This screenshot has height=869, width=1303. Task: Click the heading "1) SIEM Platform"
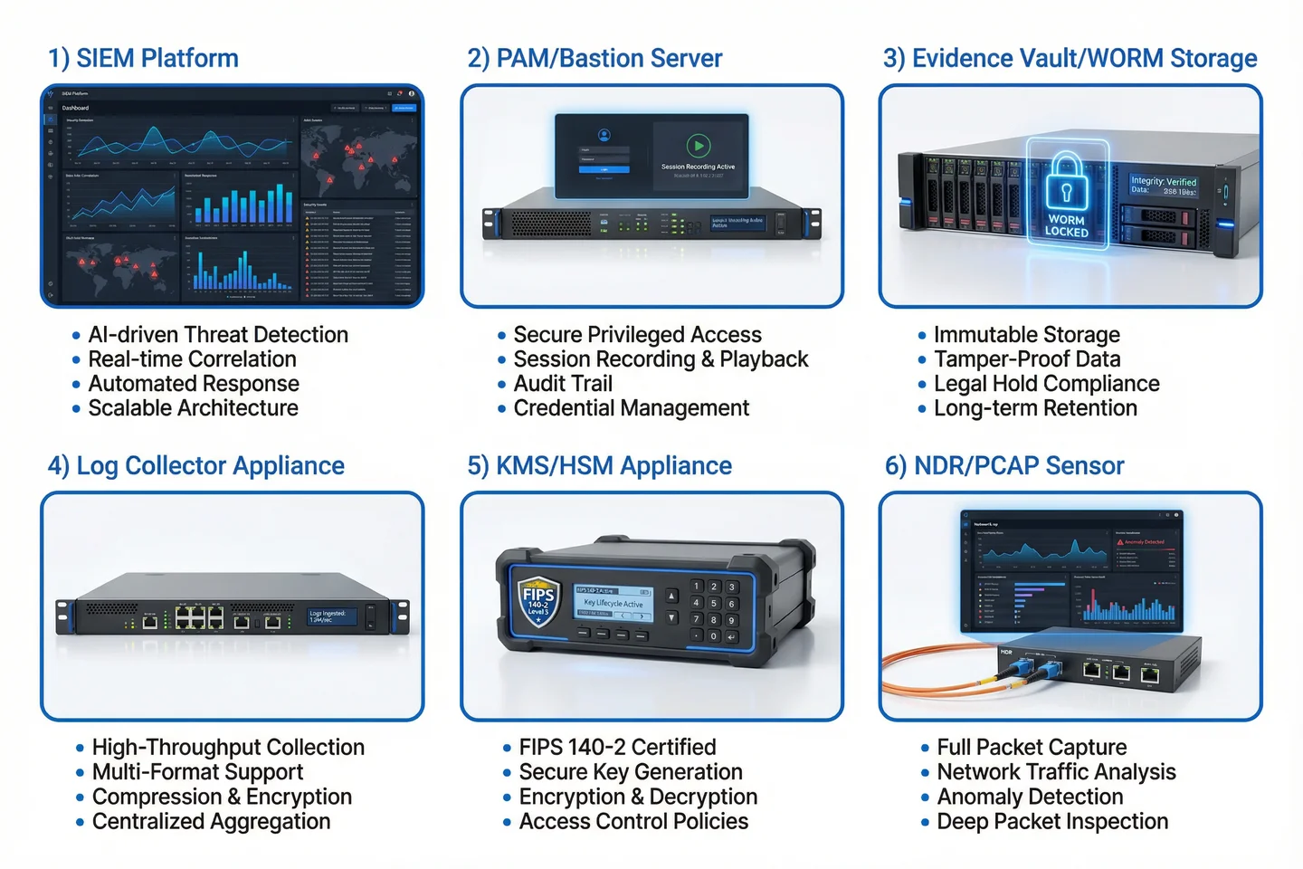point(143,59)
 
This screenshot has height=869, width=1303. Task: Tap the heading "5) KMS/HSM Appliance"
point(599,466)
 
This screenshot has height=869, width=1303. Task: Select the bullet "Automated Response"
point(194,384)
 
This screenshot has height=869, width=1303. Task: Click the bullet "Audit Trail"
point(563,384)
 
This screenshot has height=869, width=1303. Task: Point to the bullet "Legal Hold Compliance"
point(1046,384)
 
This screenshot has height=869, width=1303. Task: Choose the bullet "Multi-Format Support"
point(197,772)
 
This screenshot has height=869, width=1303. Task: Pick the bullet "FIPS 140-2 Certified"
point(617,748)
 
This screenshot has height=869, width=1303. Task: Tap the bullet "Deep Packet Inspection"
point(1052,822)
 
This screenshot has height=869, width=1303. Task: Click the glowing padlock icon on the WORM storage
point(1066,182)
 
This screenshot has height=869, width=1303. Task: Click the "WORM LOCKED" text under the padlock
point(1067,226)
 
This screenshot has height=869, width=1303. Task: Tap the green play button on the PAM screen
point(698,145)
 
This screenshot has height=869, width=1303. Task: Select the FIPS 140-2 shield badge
point(537,597)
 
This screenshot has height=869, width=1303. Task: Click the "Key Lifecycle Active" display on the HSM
point(613,603)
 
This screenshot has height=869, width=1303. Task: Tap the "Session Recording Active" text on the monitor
point(698,167)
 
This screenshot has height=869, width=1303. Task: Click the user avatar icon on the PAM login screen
point(604,135)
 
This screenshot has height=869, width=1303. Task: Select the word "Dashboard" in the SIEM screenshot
point(75,108)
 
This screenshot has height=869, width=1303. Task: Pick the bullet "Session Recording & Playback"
point(661,359)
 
